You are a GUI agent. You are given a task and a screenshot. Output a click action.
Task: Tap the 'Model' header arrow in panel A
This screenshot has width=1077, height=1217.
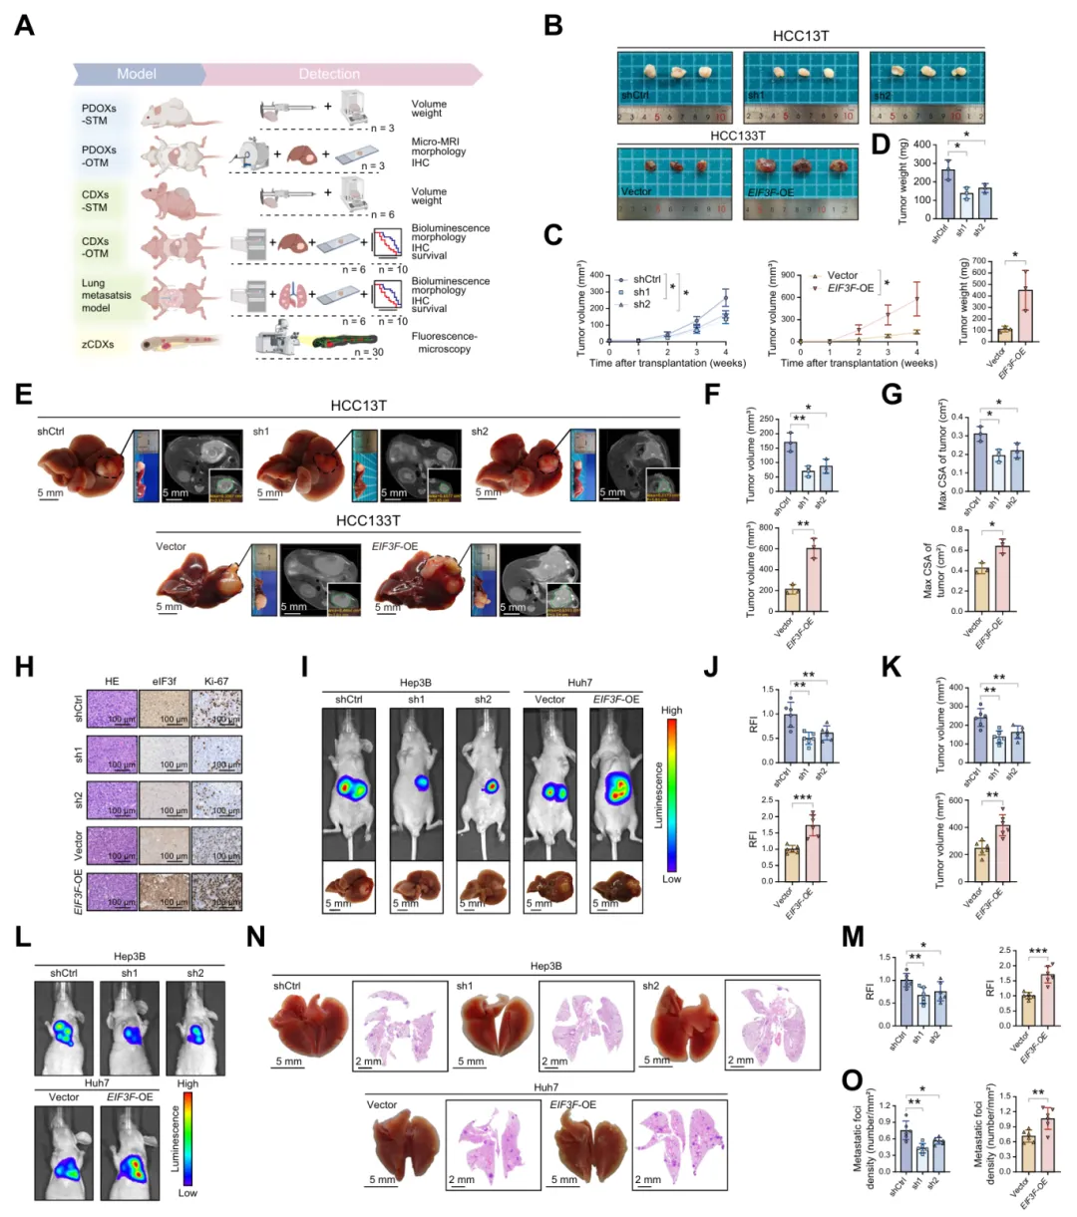click(137, 74)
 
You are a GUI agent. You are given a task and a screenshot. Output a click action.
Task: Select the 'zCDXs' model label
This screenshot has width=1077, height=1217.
click(98, 345)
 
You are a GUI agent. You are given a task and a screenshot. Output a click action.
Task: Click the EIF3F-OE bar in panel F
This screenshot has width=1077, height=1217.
click(814, 580)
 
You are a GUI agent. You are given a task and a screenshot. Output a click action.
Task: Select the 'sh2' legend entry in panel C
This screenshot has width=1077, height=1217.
click(642, 305)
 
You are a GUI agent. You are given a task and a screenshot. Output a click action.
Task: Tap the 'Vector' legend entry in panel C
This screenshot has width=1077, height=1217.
click(842, 276)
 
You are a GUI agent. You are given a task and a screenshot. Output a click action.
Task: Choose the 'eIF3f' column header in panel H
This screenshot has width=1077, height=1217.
click(163, 682)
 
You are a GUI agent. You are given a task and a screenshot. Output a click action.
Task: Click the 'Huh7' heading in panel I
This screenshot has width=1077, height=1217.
click(579, 683)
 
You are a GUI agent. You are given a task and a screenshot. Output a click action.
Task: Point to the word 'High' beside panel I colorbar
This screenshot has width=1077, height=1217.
click(672, 711)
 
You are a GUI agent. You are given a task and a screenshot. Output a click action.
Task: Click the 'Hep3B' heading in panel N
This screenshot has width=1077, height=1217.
click(545, 966)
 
